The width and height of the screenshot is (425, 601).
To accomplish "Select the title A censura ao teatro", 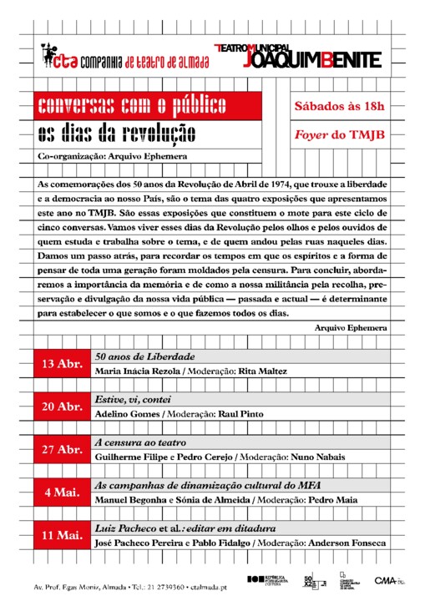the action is [140, 442].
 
